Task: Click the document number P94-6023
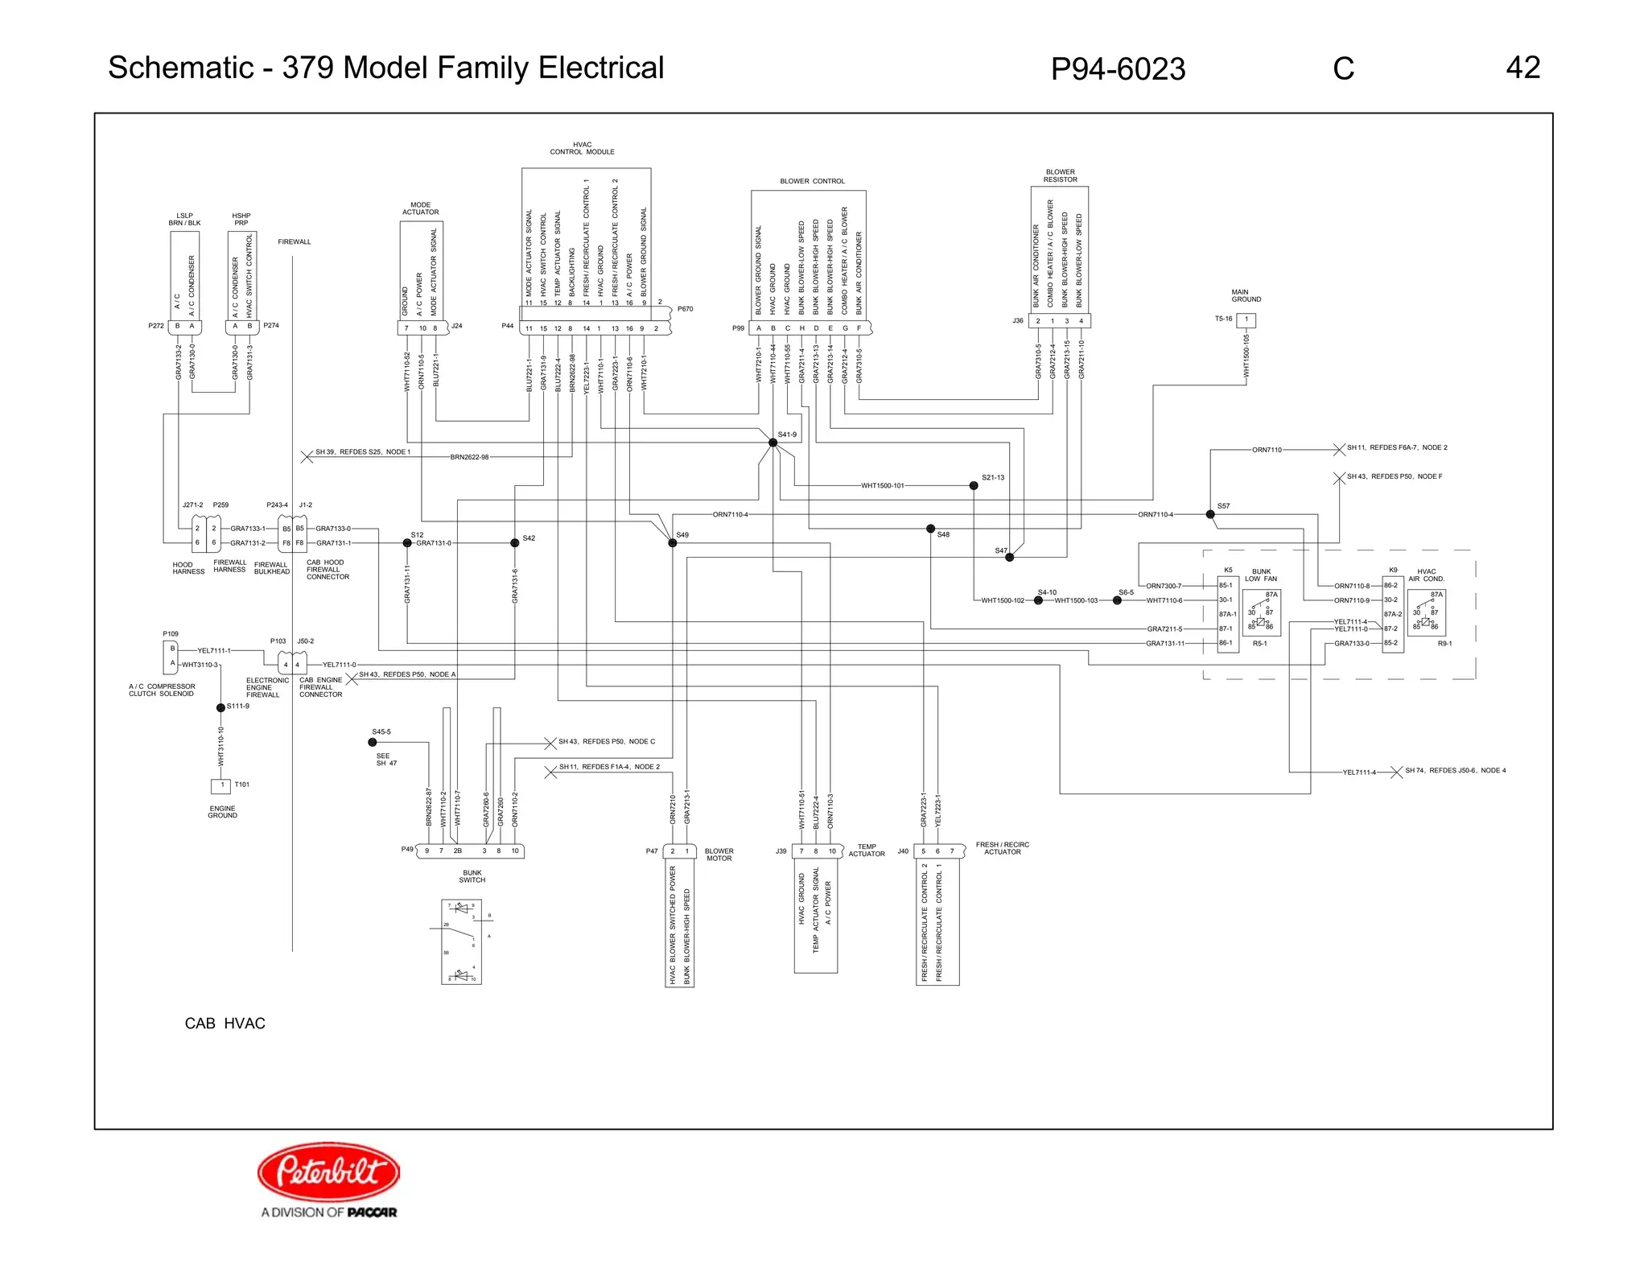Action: (x=1117, y=69)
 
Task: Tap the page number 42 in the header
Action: (x=1522, y=68)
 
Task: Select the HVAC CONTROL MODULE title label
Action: (x=582, y=148)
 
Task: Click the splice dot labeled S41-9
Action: (x=772, y=443)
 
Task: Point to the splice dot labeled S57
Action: (x=1210, y=514)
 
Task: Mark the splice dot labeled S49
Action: (x=673, y=543)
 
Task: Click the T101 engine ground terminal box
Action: (x=221, y=785)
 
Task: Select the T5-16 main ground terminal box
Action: (x=1246, y=319)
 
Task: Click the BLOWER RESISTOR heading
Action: (x=1060, y=175)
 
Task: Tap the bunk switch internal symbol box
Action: (x=461, y=941)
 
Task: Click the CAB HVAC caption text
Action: (x=225, y=1024)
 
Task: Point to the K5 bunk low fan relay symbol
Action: (x=1261, y=613)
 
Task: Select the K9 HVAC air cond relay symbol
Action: (x=1426, y=613)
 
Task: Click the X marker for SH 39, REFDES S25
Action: (x=307, y=456)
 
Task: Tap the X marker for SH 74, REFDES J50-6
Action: (x=1396, y=772)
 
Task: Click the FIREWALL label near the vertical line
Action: (x=294, y=241)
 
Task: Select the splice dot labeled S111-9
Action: (x=220, y=708)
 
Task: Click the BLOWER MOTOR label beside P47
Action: (x=719, y=855)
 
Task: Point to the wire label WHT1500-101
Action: (x=882, y=486)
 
